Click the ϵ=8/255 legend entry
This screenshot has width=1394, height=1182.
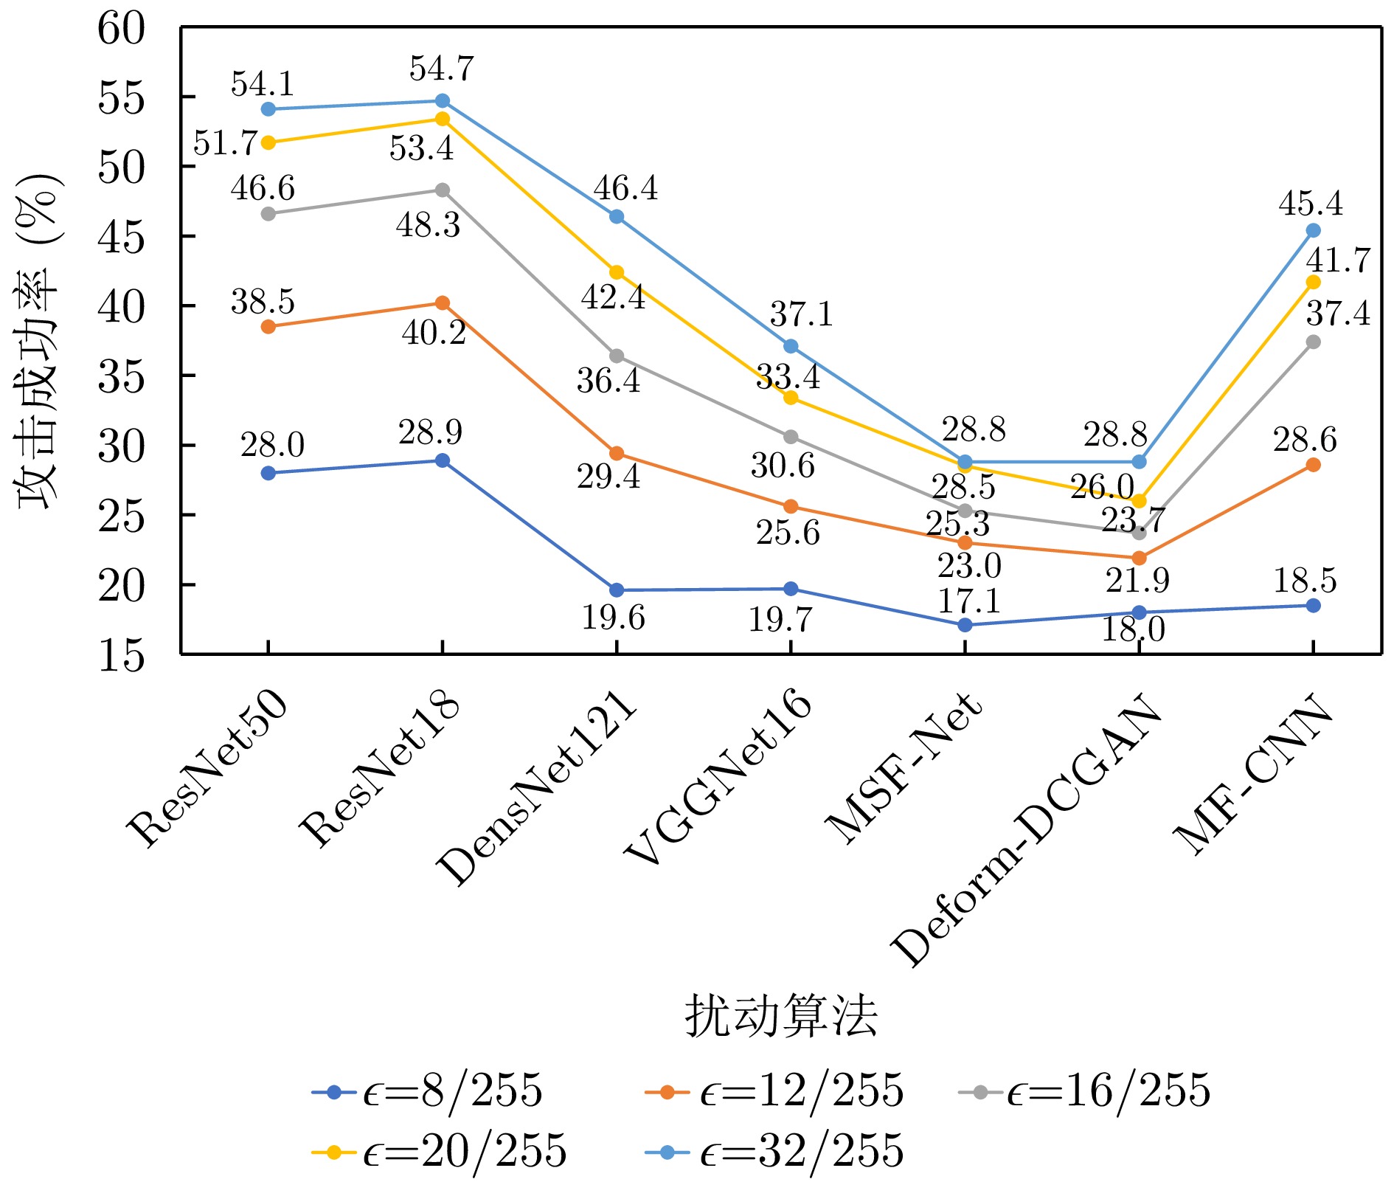coord(427,1091)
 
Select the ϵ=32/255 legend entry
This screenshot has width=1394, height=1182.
coord(774,1150)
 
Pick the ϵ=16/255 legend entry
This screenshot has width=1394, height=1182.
coord(1084,1091)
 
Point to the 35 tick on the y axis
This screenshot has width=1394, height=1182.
coord(122,376)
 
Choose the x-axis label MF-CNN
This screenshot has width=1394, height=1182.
coord(1254,775)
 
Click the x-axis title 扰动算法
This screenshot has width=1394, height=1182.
coord(781,1017)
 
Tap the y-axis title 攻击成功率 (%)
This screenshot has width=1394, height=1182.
coord(38,342)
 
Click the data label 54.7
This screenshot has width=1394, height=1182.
coord(442,69)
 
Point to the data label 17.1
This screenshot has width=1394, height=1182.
coord(969,602)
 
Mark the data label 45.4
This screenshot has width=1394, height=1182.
coord(1311,204)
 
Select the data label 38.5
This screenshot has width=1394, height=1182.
coord(263,302)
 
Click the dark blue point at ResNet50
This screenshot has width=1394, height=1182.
coord(268,473)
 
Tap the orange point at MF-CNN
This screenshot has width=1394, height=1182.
coord(1313,465)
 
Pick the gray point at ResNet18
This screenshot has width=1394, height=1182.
coord(443,190)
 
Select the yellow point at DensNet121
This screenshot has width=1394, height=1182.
coord(617,272)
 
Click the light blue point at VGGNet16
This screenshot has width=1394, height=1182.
coord(791,346)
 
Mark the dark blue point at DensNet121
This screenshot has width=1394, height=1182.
coord(617,590)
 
